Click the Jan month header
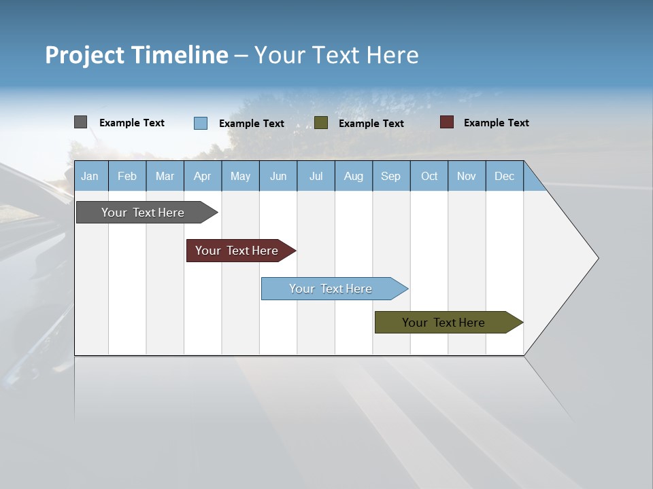coord(90,177)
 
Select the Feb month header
coord(127,177)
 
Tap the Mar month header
coord(165,177)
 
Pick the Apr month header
coord(203,177)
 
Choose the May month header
coord(240,177)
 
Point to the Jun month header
coord(278,177)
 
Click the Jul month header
coord(316,177)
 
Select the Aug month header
coord(354,177)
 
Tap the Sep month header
coord(391,177)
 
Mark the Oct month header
coord(429,177)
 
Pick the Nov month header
coord(467,177)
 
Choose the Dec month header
coord(505,177)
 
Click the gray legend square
coord(80,122)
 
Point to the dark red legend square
coord(447,122)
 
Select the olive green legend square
coord(321,122)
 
